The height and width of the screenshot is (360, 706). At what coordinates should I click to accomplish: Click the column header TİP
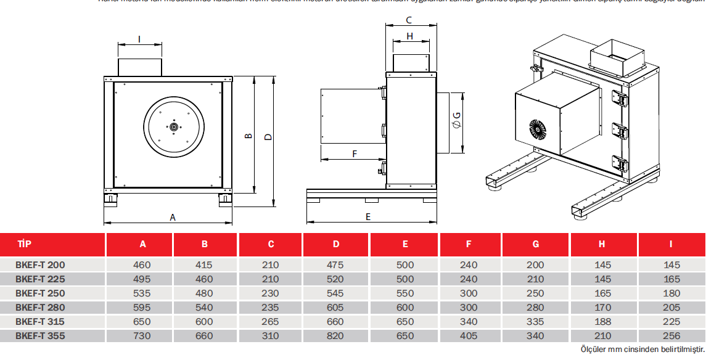25,244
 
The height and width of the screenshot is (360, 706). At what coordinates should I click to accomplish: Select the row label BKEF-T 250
40,293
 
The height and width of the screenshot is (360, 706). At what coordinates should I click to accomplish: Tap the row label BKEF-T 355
40,336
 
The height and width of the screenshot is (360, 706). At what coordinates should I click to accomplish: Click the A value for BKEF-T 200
142,264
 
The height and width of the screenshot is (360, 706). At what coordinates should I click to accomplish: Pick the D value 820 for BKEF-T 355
336,336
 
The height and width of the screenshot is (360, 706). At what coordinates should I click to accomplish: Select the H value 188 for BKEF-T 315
602,321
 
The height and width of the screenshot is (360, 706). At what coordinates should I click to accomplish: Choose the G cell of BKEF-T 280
535,307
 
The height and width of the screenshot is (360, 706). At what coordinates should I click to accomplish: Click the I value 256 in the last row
671,336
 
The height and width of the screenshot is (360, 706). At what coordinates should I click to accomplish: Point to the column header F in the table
469,244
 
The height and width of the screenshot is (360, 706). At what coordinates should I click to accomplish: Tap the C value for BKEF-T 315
271,321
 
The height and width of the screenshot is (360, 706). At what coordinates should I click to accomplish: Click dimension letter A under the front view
173,217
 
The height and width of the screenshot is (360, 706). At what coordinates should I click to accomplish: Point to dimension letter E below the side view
368,216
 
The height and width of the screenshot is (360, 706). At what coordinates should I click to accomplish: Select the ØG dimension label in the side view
457,120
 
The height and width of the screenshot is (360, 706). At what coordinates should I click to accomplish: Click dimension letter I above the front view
139,39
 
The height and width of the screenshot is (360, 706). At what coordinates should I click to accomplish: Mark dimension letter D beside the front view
268,137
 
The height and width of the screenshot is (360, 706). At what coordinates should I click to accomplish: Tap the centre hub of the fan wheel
174,127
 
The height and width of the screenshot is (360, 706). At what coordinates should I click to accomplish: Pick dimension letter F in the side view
354,153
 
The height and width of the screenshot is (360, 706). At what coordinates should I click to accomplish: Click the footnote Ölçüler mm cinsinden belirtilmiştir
642,350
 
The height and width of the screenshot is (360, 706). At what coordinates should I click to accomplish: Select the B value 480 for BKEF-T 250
204,293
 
